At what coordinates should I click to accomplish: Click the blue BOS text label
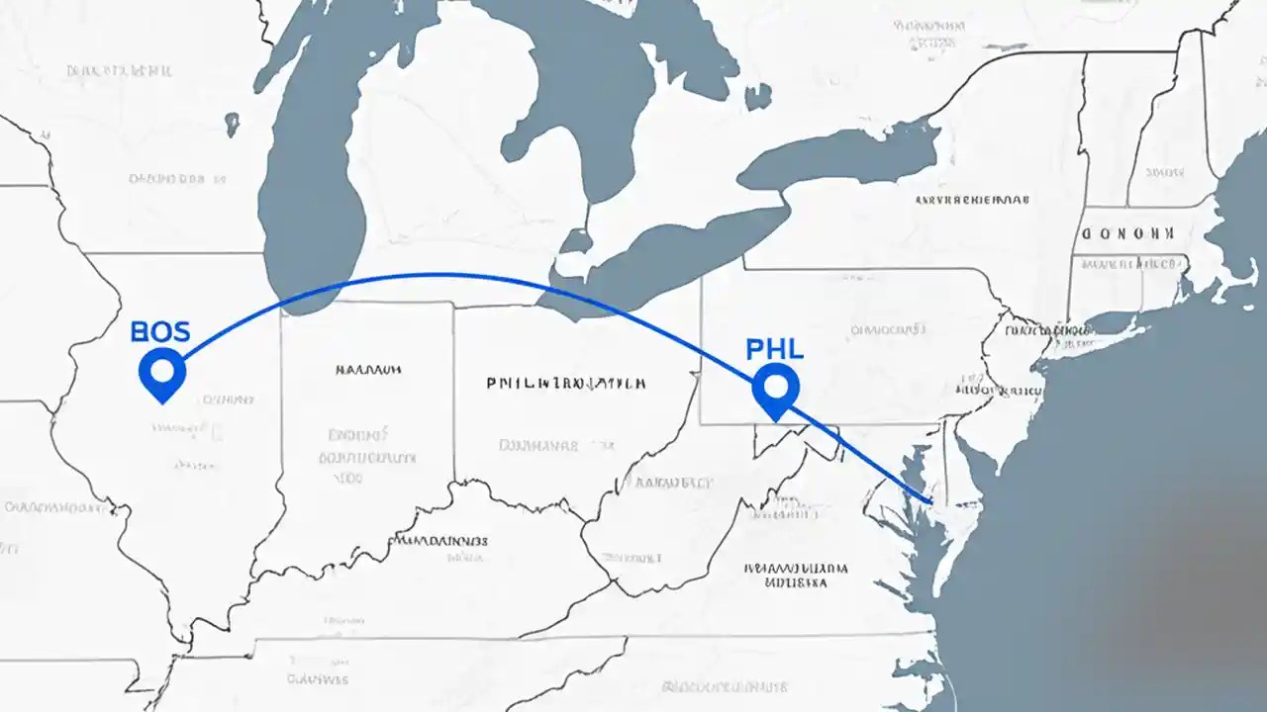159,331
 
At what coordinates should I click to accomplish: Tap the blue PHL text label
774,349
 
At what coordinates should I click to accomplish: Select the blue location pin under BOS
162,372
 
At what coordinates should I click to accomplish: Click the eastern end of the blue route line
930,501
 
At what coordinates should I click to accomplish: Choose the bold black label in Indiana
367,370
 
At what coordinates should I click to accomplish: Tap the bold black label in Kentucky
440,541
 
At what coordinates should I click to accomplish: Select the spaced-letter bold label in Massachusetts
1126,234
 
